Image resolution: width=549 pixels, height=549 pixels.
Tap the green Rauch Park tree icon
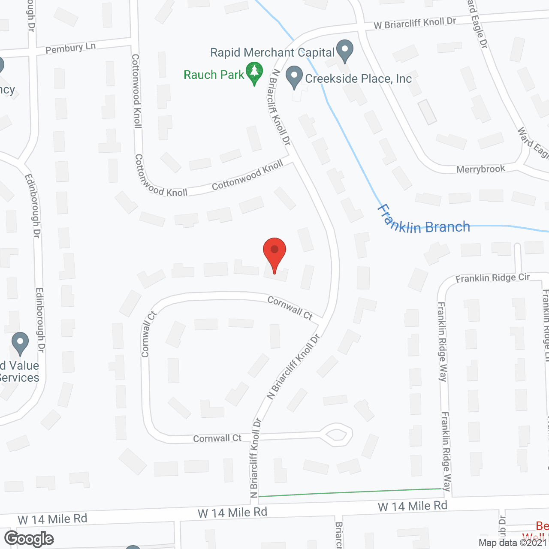[x=254, y=73]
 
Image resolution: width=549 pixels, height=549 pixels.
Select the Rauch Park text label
[x=214, y=75]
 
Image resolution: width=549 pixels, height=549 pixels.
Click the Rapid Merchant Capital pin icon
[x=344, y=51]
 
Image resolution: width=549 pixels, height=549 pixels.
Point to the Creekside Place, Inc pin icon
[x=294, y=77]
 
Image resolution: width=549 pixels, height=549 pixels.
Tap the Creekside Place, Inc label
[x=358, y=79]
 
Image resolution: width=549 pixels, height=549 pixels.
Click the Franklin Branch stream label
[x=423, y=220]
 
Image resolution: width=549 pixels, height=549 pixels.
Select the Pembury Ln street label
[x=70, y=48]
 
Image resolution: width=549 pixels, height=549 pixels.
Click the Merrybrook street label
[x=480, y=169]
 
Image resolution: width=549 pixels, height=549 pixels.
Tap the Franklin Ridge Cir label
[x=492, y=278]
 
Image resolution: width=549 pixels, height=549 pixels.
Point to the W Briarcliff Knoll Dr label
[x=415, y=23]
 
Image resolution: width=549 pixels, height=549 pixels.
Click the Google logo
[x=29, y=539]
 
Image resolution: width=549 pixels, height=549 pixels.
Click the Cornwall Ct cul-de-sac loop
[x=337, y=434]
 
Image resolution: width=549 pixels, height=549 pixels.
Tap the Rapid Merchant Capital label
[x=272, y=53]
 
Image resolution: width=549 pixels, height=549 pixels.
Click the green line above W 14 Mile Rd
[x=350, y=492]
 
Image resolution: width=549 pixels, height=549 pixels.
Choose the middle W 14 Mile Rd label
[x=232, y=513]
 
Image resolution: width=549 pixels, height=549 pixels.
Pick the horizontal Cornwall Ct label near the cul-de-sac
[x=217, y=438]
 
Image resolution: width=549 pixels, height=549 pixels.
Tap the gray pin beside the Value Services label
[x=20, y=343]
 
